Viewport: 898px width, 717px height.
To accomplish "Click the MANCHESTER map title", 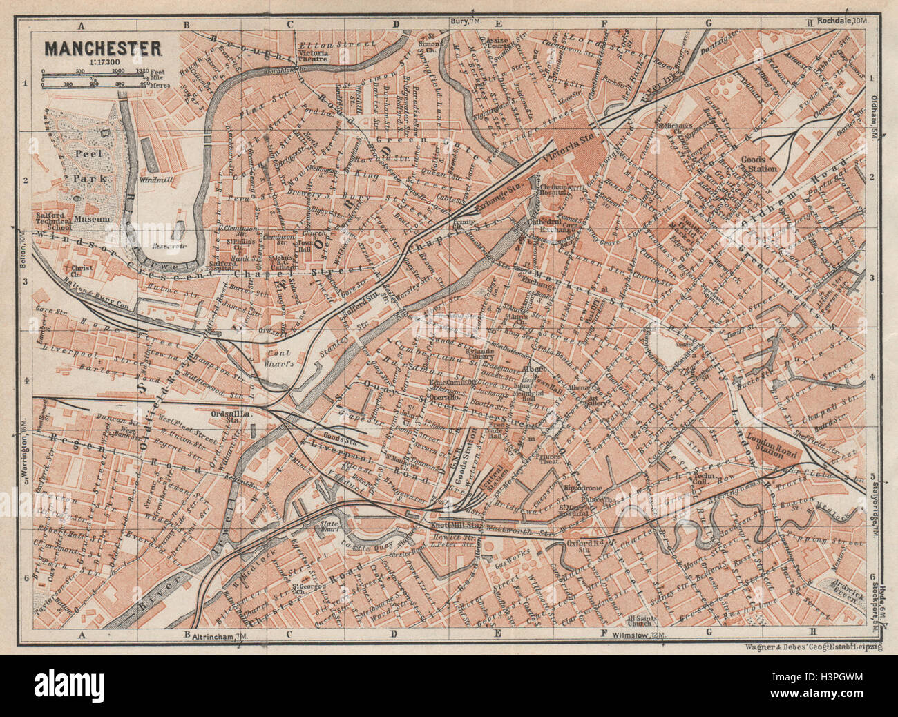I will click(104, 49).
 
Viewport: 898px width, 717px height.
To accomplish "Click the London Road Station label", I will click(772, 446).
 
